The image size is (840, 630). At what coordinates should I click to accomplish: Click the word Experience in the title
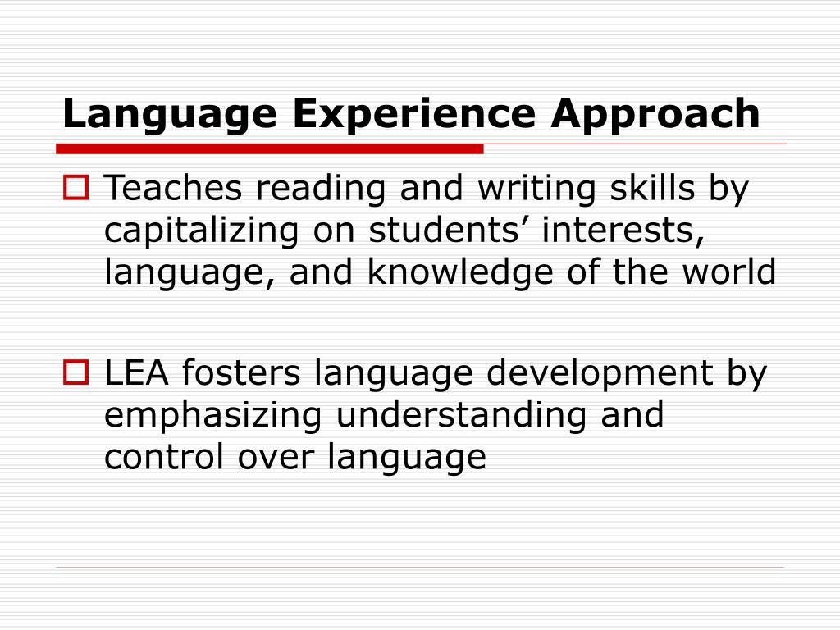click(x=414, y=114)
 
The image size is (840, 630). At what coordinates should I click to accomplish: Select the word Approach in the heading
click(x=655, y=114)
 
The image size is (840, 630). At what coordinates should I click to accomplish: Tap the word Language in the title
click(x=168, y=114)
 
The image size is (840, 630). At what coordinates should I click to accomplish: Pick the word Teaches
click(x=174, y=189)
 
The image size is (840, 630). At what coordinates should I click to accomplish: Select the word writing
click(x=537, y=189)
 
